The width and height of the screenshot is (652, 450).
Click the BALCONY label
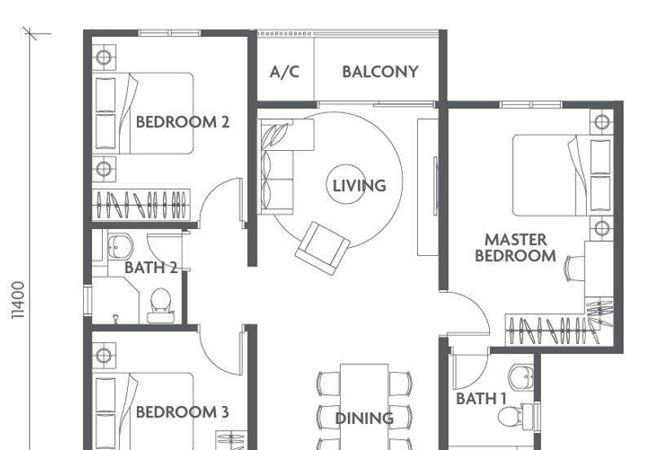pos(380,72)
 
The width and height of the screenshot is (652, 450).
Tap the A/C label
pos(284,72)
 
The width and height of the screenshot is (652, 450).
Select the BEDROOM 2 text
pos(183,122)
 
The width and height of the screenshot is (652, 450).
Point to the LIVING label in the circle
pos(359,186)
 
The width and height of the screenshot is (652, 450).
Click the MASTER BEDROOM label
pos(515,248)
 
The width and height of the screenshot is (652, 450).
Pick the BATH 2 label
pos(151,267)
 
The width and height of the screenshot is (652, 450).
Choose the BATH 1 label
pos(481,399)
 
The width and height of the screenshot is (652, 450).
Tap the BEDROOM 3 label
pos(182,412)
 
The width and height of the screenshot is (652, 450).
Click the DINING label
pos(364,418)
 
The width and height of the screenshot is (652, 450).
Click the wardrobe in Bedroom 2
pos(143,202)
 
